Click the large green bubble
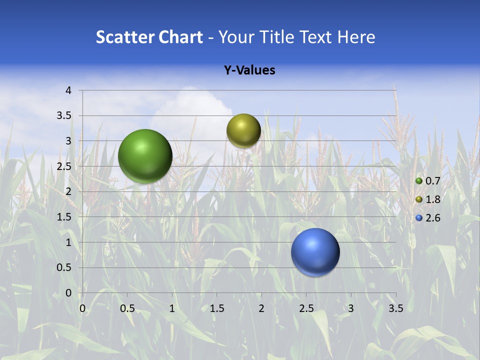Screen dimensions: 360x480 (x=145, y=156)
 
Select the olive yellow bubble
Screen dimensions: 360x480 (x=243, y=131)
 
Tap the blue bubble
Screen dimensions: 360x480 (x=315, y=252)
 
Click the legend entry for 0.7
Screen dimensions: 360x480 (x=428, y=181)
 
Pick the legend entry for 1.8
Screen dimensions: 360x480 (x=428, y=199)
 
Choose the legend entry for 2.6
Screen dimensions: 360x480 (x=428, y=218)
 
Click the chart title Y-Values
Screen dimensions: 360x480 (x=249, y=70)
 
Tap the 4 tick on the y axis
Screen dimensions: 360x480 (x=69, y=90)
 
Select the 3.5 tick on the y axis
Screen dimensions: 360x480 (x=65, y=116)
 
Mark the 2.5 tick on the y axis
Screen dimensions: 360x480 (x=65, y=166)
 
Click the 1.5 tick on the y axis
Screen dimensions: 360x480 (x=65, y=217)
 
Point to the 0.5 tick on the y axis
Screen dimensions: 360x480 (x=65, y=267)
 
